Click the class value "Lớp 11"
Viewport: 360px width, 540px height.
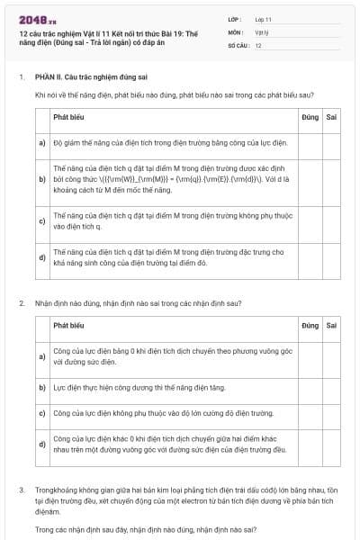pos(263,18)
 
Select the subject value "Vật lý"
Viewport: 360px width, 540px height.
pos(261,31)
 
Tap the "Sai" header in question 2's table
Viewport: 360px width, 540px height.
pos(331,324)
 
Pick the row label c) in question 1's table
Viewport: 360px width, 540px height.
pos(42,220)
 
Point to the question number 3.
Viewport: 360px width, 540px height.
pos(22,490)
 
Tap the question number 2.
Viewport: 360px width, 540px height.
pos(22,303)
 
